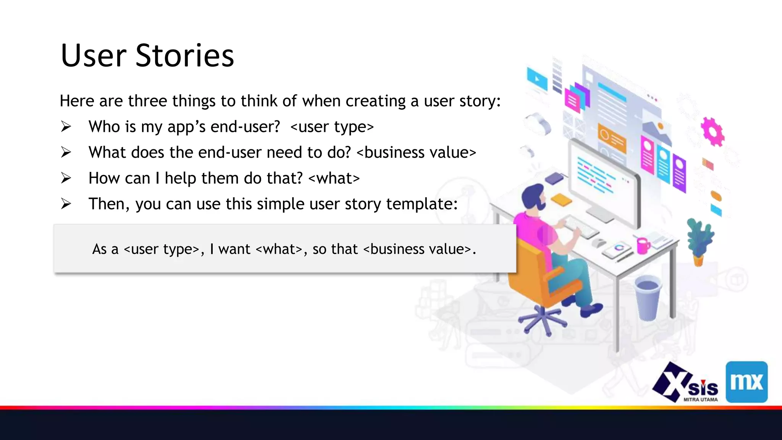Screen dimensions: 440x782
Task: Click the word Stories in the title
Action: [x=184, y=55]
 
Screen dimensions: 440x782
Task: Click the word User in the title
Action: [x=94, y=55]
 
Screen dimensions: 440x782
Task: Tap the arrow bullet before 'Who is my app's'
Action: [x=66, y=126]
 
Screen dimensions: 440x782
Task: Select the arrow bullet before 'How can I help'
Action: [x=66, y=178]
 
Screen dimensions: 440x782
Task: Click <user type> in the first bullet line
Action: [x=332, y=126]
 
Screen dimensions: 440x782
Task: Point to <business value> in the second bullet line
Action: [x=416, y=152]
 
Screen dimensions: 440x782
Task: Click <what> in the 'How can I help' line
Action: [x=334, y=178]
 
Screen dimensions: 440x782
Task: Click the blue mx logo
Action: [x=746, y=382]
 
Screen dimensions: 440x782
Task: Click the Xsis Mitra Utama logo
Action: [x=685, y=383]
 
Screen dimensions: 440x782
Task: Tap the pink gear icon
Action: [x=712, y=132]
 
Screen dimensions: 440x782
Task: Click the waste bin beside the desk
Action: [x=648, y=298]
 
